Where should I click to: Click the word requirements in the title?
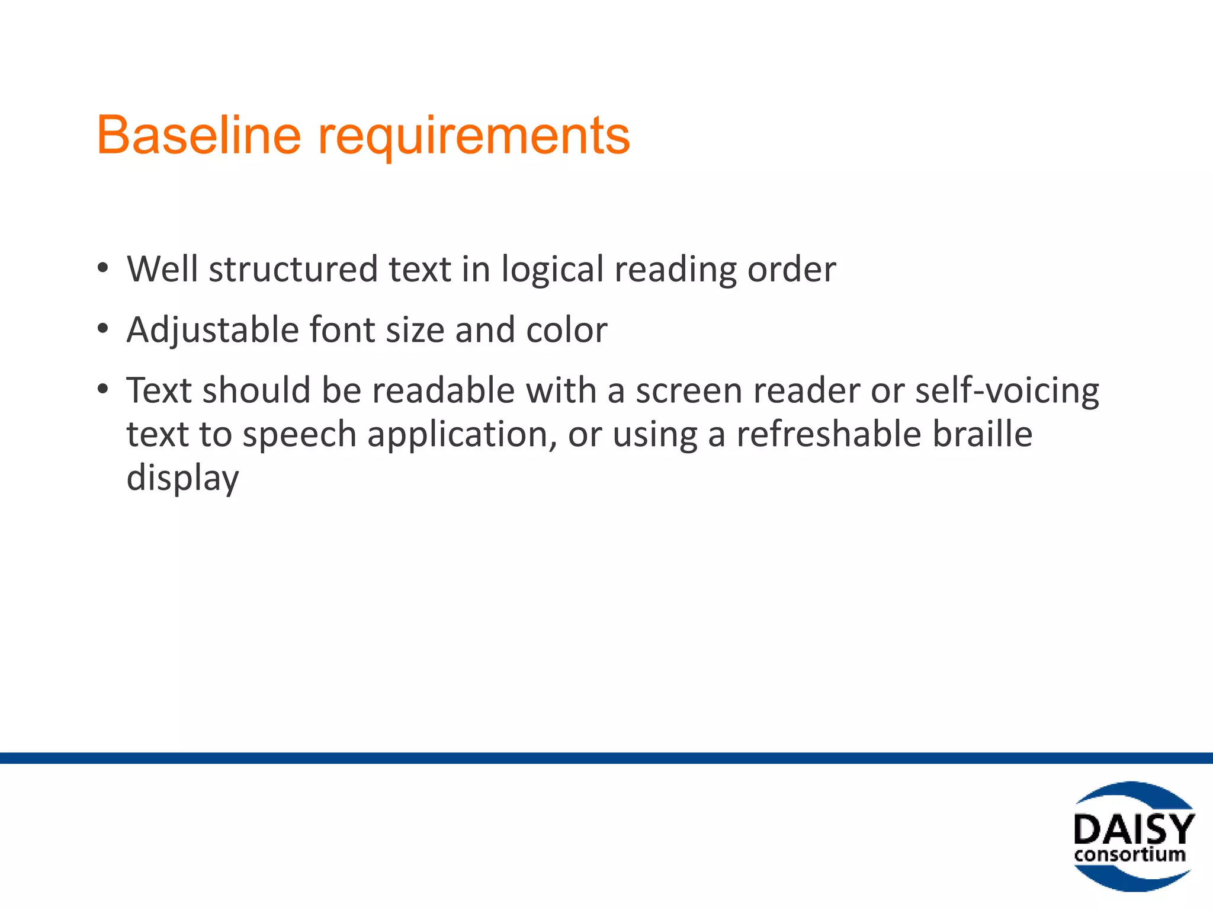[474, 137]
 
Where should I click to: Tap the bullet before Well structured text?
[103, 268]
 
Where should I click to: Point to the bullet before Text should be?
[103, 389]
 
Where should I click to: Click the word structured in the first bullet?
[293, 269]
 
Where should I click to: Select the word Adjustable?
[213, 331]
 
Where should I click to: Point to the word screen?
[689, 392]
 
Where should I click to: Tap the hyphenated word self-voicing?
[1007, 392]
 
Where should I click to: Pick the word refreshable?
[829, 434]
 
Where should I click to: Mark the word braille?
[983, 434]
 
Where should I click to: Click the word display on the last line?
[182, 478]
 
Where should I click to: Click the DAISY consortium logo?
[1133, 836]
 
